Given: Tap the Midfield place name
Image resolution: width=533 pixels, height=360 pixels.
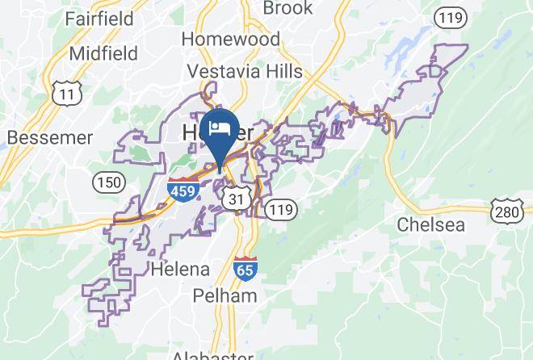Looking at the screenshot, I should (103, 53).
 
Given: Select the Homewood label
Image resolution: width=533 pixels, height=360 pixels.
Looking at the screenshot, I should (230, 39).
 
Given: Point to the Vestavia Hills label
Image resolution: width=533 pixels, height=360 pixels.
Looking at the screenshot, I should (245, 71).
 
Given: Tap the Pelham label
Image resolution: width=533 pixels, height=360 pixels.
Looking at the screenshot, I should (225, 295).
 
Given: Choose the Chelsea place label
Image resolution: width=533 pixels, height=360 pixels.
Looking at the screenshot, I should (430, 224).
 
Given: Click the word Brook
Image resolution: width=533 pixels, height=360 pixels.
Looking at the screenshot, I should (287, 8).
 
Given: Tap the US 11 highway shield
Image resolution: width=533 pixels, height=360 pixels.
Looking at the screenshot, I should (62, 93).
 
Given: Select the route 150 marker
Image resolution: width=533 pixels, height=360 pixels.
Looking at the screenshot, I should (107, 181).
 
